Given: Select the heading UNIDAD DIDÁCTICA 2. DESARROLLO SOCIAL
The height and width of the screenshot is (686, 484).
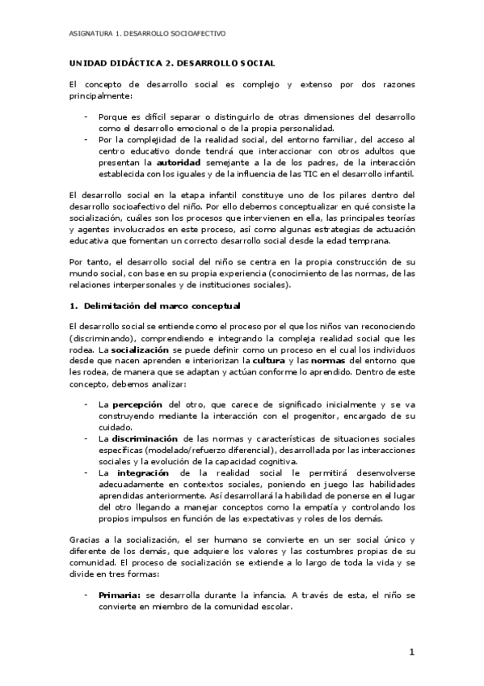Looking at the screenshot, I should click(x=172, y=62).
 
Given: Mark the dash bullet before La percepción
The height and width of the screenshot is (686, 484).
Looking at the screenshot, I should click(x=86, y=404).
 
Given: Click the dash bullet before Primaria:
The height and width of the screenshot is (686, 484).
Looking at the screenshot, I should click(x=86, y=595).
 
